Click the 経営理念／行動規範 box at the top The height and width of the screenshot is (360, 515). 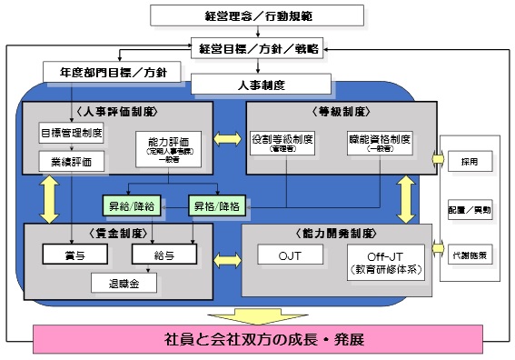[256, 15]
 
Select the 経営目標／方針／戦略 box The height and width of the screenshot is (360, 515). [256, 49]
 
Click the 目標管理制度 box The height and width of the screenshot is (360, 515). [71, 134]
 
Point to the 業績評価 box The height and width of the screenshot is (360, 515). [71, 162]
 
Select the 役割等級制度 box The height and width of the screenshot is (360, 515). [282, 145]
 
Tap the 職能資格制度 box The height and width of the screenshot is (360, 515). [379, 145]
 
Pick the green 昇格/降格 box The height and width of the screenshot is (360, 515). [215, 205]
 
